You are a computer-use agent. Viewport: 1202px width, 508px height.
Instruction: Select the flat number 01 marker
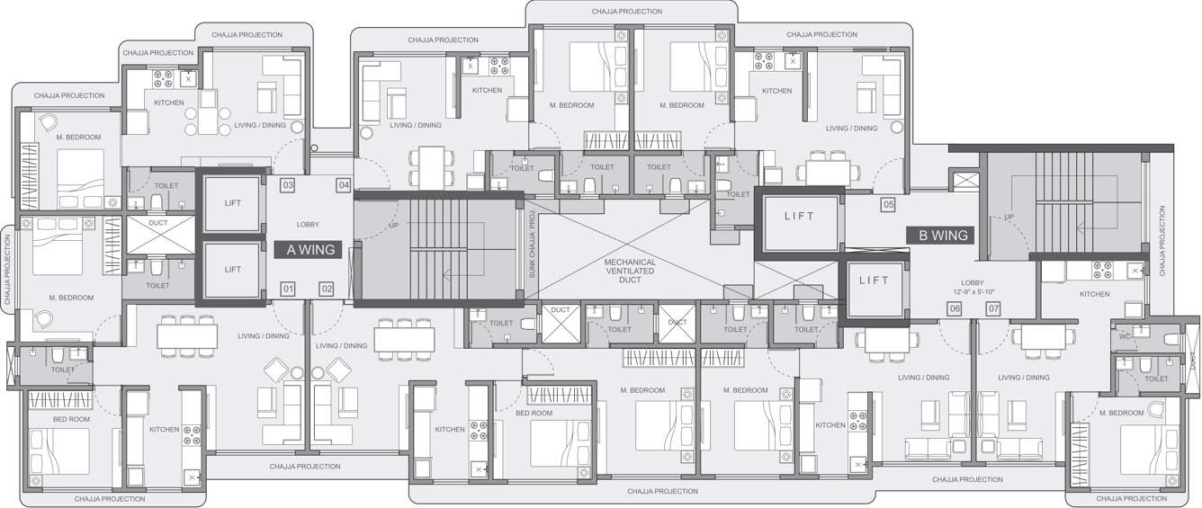(288, 289)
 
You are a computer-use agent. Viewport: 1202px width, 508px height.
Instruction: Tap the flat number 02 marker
(327, 289)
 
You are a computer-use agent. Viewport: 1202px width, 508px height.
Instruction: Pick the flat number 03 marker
(288, 186)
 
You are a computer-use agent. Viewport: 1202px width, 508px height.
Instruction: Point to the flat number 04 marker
(343, 186)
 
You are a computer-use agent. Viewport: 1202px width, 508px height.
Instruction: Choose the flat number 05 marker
(887, 205)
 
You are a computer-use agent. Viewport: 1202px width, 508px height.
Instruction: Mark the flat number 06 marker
(955, 309)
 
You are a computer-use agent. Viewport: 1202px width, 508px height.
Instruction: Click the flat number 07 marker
(993, 309)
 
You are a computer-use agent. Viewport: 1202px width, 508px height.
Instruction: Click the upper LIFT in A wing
(233, 203)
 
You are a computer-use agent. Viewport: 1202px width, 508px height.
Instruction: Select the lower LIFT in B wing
(874, 281)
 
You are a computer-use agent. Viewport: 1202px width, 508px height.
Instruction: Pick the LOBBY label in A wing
(308, 224)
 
